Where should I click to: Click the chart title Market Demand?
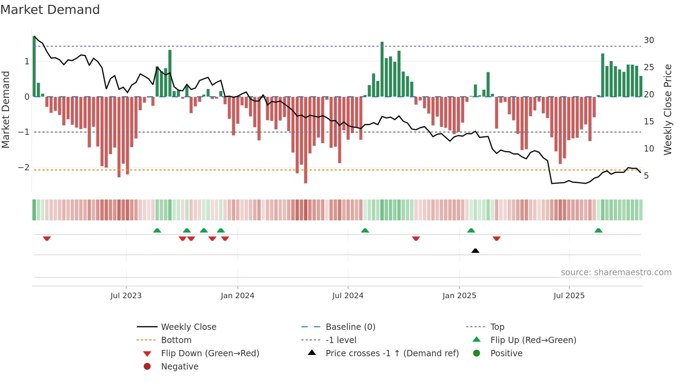coord(50,10)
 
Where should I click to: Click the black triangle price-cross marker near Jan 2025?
coord(475,251)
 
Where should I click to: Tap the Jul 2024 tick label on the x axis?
coord(348,296)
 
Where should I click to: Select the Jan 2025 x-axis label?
coord(459,296)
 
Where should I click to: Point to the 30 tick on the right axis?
coord(649,40)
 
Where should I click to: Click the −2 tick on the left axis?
coord(24,168)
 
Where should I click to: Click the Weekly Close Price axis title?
coord(667,109)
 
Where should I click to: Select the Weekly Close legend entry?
coord(188,327)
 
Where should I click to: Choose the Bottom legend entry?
coord(176,340)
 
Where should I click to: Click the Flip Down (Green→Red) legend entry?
coord(210,353)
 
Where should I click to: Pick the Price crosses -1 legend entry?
coord(392,353)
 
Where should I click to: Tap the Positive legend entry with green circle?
coord(506,353)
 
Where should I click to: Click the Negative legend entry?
coord(180,367)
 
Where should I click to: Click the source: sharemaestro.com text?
coord(616,272)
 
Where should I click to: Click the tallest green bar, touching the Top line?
coord(382,70)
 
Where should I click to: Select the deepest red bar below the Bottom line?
coord(306,139)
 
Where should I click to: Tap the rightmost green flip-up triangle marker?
coord(598,230)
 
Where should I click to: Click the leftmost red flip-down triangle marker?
coord(47,238)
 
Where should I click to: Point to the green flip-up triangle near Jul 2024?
coord(365,230)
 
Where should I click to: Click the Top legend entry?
coord(497,327)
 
